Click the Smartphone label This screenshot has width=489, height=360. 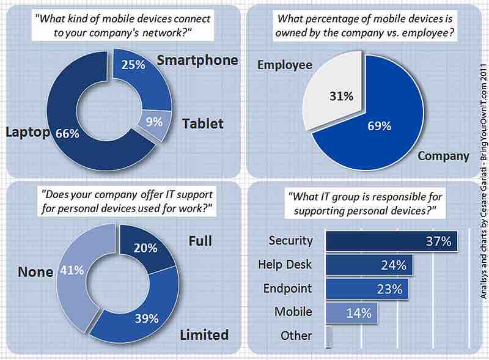197,60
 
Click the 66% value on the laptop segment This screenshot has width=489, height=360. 67,133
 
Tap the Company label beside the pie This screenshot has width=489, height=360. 443,156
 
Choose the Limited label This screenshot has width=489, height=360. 204,334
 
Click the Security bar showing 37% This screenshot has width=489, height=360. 391,240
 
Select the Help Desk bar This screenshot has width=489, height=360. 369,265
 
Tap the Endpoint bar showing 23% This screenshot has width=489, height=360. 367,288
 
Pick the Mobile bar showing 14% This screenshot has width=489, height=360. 352,312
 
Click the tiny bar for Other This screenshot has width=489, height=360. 329,336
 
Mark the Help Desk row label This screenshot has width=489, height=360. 286,265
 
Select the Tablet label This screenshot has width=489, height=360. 203,123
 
